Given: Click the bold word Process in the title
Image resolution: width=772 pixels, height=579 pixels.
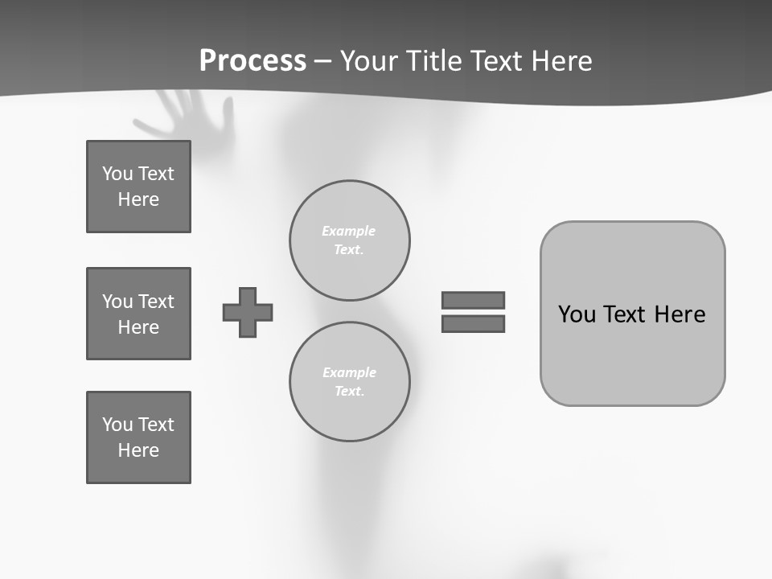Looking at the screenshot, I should pos(253,60).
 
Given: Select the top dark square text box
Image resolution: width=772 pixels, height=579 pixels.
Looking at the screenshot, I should pos(138,187).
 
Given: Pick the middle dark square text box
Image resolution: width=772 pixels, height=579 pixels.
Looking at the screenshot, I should pos(138,314).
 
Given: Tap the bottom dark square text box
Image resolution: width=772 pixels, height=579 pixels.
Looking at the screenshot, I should pos(138,437).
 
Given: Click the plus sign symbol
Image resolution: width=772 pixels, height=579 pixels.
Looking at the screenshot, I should pos(248,312).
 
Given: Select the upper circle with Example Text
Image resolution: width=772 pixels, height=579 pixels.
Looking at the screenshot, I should pos(350,240).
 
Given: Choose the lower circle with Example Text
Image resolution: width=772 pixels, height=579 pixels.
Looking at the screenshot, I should pos(350,381).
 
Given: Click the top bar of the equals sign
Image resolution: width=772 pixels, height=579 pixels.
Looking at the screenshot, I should pos(473,300).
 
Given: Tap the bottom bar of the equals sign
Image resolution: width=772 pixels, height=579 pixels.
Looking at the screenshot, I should pos(473,323).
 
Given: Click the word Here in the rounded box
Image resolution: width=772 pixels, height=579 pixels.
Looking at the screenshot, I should pos(680,314).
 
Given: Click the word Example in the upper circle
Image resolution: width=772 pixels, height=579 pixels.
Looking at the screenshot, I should pos(348,231).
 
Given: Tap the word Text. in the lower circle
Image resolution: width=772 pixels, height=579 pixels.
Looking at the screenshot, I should pos(349,391).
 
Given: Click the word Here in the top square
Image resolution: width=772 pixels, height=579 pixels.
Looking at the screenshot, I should pos(138,199).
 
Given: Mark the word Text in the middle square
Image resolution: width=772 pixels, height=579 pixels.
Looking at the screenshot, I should pos(155,302).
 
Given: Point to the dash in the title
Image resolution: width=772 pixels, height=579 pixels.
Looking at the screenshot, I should pos(322,61).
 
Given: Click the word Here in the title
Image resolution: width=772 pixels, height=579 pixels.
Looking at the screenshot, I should pos(560,61).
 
